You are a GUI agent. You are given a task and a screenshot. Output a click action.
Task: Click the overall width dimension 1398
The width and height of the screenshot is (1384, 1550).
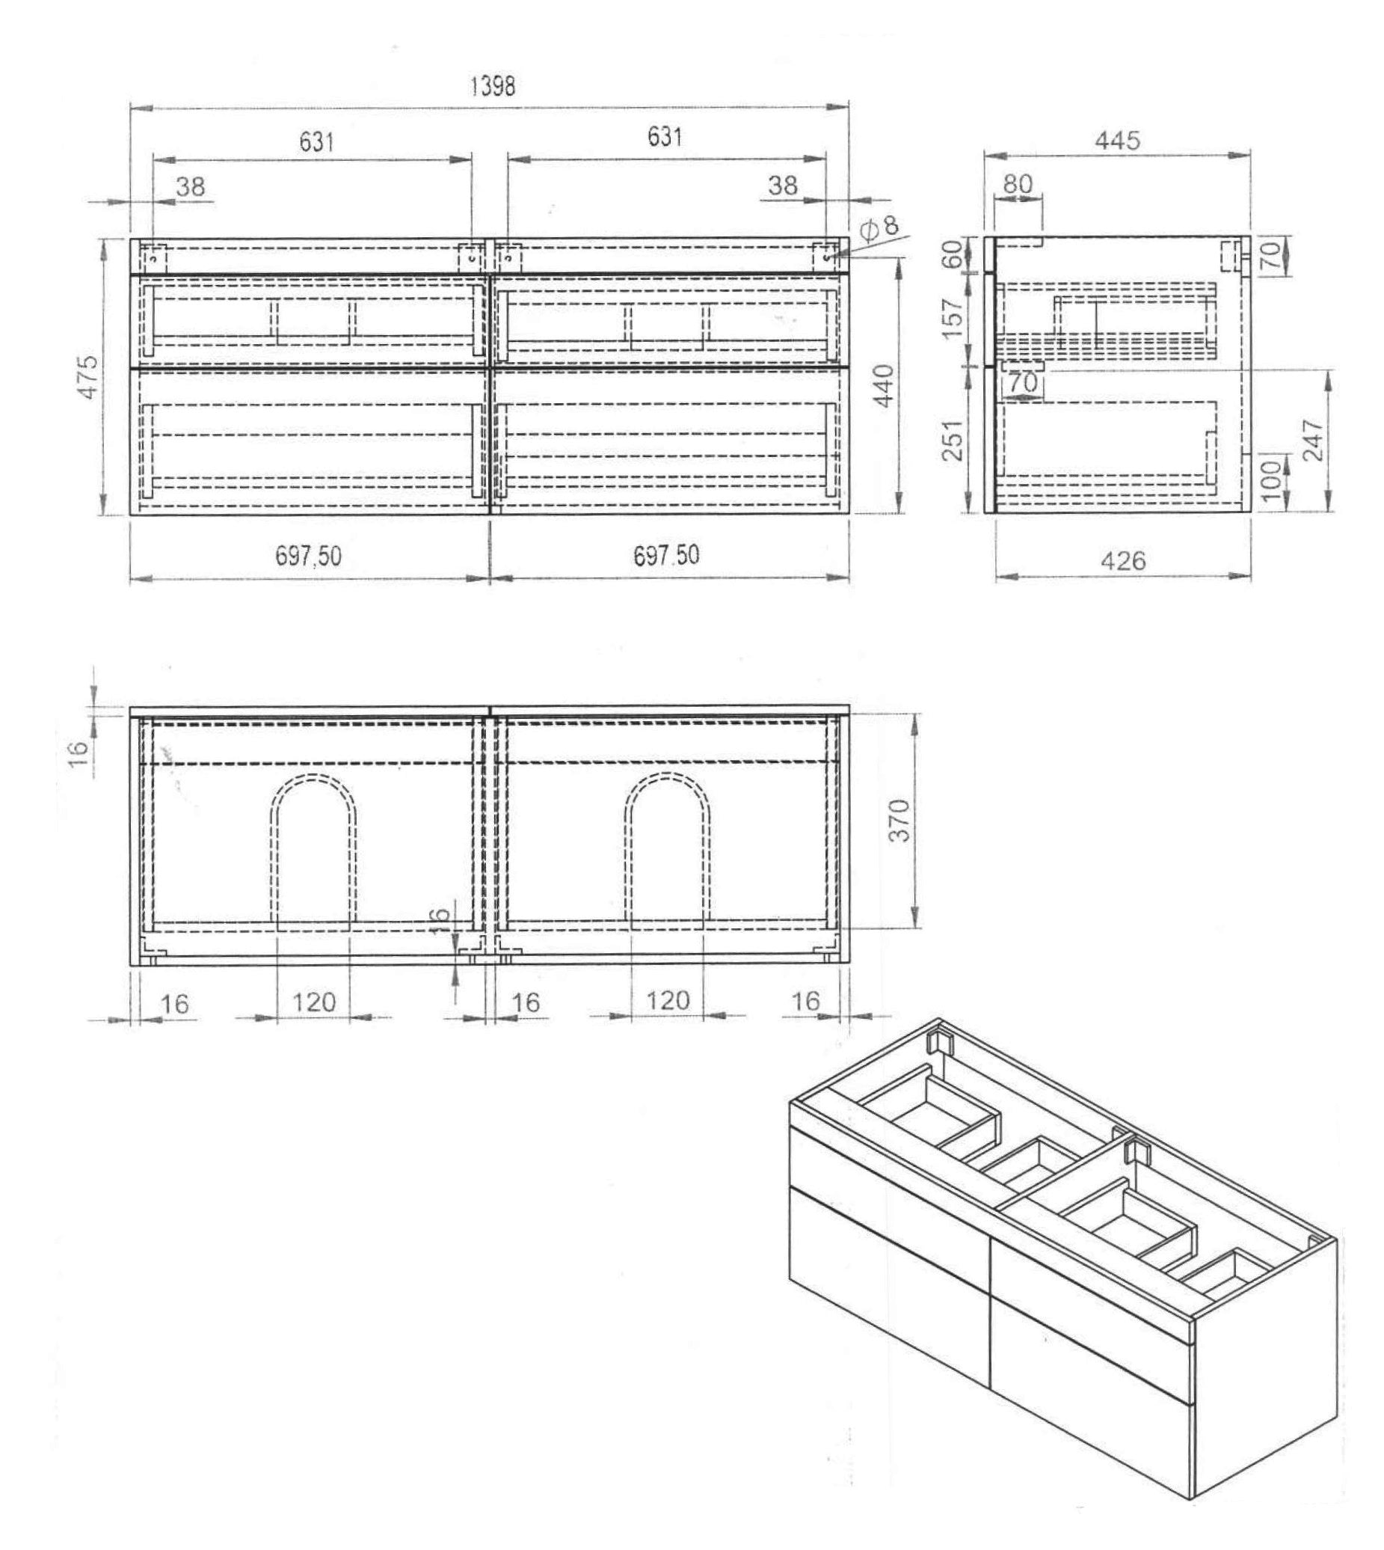point(493,86)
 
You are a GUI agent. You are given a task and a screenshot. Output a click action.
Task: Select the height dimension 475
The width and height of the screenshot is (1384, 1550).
point(89,376)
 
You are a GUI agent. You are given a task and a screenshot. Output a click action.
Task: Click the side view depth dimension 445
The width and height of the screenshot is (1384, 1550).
point(1117,141)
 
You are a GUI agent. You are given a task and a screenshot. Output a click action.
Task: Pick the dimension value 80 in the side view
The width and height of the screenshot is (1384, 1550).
point(1018,183)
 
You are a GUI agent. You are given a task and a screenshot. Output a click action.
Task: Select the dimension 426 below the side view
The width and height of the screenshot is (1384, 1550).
point(1122,561)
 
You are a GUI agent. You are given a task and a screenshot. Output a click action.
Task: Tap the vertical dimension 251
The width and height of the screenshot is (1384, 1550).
point(952,441)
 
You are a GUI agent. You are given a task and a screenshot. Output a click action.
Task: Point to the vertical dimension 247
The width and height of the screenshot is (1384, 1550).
point(1313,440)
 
